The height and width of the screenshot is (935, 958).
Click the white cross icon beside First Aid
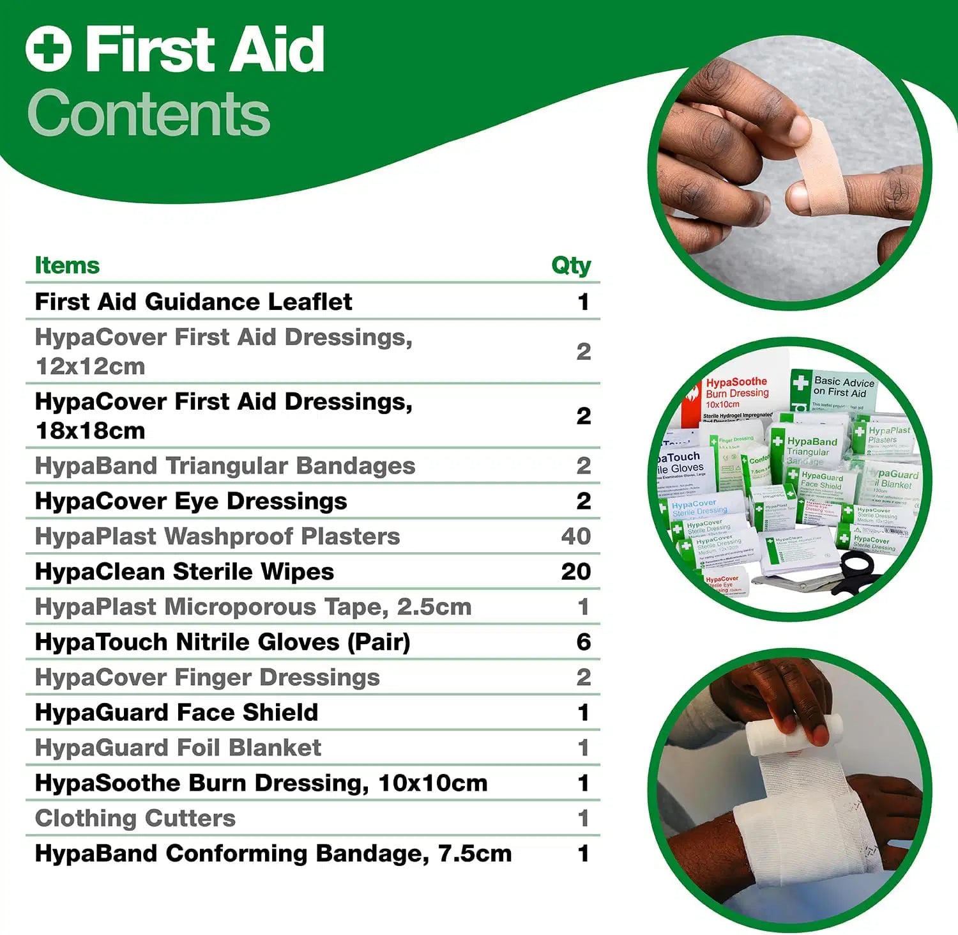coord(48,49)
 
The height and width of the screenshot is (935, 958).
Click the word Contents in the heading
coord(149,114)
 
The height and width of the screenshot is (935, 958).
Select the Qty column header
coord(571,265)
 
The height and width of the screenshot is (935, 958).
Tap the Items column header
coord(67,265)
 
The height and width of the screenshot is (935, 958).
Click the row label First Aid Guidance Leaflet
coord(194,302)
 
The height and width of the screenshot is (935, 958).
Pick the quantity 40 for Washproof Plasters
coord(575,536)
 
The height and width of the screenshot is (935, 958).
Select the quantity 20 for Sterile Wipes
coord(575,571)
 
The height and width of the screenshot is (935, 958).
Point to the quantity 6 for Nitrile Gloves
coord(583,642)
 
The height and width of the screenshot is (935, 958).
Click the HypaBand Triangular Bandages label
coord(225,466)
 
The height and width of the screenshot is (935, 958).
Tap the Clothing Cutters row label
coord(135,818)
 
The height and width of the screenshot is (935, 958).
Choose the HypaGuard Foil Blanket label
coord(178,748)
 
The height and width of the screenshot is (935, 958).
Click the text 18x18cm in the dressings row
coord(91,431)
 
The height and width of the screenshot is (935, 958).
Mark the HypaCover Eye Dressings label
coord(191,501)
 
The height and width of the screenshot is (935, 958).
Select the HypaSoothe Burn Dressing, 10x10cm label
coord(261,783)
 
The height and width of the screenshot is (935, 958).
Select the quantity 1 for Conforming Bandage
coord(583,853)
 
